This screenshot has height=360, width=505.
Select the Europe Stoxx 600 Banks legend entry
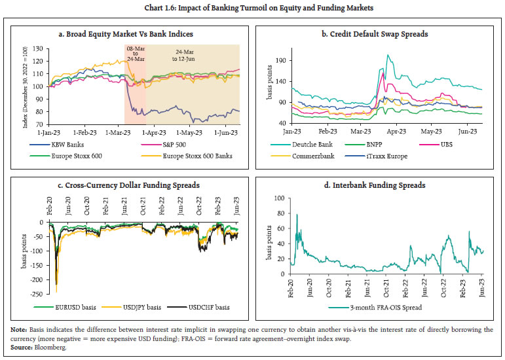197,155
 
